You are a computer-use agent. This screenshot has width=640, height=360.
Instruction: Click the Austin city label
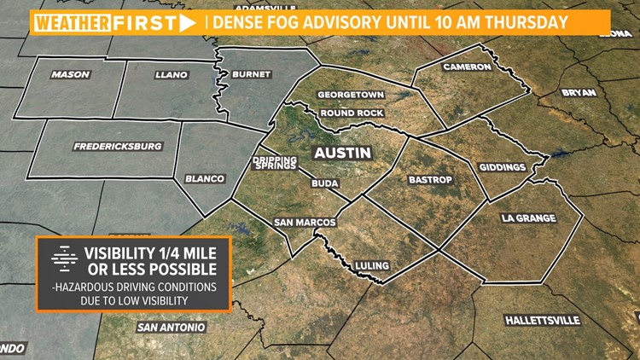pos(342,154)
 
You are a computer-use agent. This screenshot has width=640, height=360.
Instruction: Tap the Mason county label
pos(70,74)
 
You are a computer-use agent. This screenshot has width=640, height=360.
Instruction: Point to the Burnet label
pos(251,74)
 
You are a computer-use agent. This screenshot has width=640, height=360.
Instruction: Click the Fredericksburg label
pos(118,146)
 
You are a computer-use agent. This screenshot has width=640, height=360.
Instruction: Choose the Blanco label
pos(205,178)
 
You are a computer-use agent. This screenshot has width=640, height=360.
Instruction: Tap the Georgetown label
pos(351,95)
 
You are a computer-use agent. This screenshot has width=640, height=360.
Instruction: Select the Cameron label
pos(468,67)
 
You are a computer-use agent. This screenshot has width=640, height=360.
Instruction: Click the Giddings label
pos(502,167)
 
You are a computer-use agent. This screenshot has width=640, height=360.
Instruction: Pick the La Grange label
pos(530,219)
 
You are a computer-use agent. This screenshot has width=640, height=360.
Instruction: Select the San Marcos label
pos(304,223)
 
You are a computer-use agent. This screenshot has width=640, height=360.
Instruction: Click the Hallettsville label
pos(543,320)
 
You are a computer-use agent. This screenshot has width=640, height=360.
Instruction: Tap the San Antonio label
pos(171,327)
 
